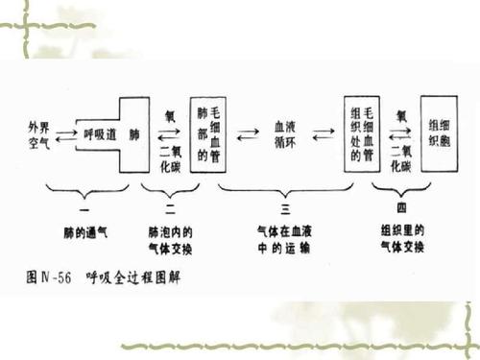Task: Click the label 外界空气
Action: [x=43, y=132]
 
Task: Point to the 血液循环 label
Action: [x=284, y=132]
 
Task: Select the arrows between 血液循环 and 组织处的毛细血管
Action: [x=324, y=133]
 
